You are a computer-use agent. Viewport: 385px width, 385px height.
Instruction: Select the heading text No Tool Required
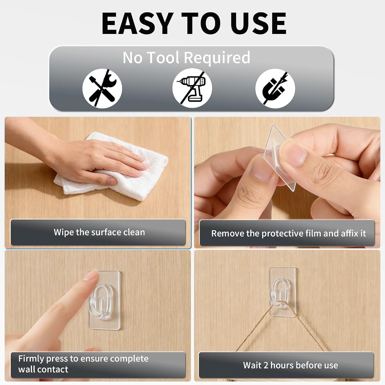tap(186, 58)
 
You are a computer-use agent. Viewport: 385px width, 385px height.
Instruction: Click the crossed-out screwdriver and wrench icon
tap(102, 89)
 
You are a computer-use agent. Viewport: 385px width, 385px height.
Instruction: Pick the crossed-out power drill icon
tap(192, 89)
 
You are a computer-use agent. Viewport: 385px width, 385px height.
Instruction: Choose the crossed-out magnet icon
tap(275, 89)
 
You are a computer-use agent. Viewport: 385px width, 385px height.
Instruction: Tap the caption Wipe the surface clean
tap(99, 232)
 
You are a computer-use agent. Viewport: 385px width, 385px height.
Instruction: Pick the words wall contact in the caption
tap(43, 369)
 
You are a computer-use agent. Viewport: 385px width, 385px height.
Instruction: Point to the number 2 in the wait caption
tap(266, 365)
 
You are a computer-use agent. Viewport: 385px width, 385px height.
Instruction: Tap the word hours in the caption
tap(283, 365)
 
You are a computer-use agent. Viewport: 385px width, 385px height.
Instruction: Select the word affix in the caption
tap(349, 233)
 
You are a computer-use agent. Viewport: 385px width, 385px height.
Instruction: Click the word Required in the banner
tap(217, 58)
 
